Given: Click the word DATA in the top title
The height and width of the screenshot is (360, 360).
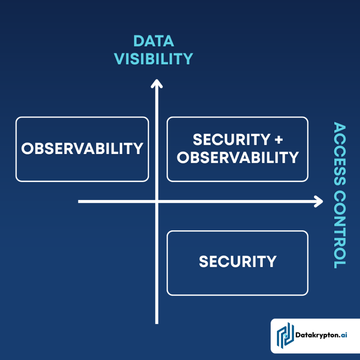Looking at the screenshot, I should pos(154,41).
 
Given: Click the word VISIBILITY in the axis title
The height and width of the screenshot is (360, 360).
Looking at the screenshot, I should pos(154,59).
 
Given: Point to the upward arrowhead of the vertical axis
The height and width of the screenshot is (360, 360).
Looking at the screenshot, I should pos(157,84).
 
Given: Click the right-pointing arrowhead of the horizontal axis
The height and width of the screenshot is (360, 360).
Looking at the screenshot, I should pos(319,201).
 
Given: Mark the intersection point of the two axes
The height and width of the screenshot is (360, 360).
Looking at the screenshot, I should pos(157,201).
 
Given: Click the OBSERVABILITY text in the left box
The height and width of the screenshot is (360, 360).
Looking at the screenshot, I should pos(82,149).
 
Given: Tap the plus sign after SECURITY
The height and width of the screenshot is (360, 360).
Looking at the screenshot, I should pos(278,140).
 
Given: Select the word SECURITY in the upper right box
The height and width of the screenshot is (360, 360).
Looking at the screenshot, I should pos(228,140).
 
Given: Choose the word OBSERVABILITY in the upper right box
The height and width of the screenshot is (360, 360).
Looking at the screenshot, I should pos(238,158).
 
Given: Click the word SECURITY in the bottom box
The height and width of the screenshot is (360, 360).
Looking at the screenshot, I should pos(238,262).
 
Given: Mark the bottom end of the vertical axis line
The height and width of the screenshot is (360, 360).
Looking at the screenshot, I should pos(157,322).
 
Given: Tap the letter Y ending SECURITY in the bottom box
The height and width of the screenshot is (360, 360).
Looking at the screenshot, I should pos(271,262).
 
